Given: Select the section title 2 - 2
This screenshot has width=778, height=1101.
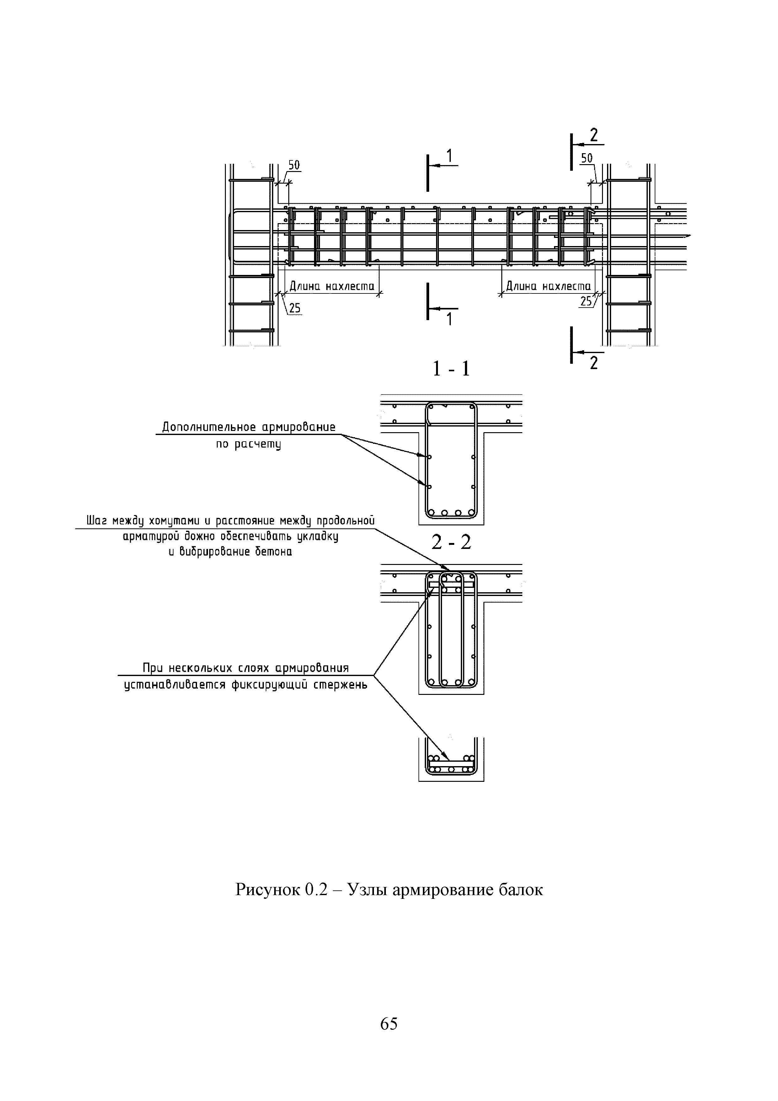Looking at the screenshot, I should (x=451, y=542).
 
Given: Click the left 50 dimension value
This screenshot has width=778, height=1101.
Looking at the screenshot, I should (x=294, y=165).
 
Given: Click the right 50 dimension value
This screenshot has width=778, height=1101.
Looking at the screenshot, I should (x=586, y=158).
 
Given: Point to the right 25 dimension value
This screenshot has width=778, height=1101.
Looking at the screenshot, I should (x=586, y=302).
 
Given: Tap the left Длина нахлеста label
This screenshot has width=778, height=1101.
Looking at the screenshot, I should (x=332, y=286).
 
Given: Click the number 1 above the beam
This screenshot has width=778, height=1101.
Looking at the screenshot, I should (x=449, y=156).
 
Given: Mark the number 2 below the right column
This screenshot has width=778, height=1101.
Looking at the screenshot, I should (x=594, y=363).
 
